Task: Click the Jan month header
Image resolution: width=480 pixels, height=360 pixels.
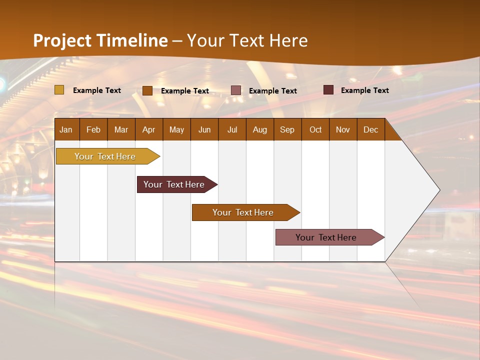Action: click(66, 129)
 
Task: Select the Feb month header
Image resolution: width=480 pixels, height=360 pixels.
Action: click(93, 129)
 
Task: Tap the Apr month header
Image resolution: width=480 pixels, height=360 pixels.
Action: click(148, 129)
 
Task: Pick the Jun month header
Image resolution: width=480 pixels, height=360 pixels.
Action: click(204, 129)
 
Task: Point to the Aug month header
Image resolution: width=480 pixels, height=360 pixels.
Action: click(259, 129)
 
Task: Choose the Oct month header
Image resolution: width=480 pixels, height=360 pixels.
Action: click(315, 129)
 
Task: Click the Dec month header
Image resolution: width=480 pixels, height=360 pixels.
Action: click(370, 129)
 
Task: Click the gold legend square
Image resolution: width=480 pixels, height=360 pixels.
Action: click(59, 90)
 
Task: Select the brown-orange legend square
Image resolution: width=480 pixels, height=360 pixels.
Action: click(147, 90)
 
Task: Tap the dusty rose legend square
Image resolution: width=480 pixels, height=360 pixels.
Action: click(236, 90)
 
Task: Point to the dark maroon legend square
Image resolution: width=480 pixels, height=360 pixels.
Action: click(328, 90)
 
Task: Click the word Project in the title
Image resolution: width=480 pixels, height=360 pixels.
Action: click(62, 40)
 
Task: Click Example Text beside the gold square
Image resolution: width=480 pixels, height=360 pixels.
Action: click(97, 90)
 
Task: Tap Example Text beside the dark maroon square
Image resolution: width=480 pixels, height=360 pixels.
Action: click(365, 90)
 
